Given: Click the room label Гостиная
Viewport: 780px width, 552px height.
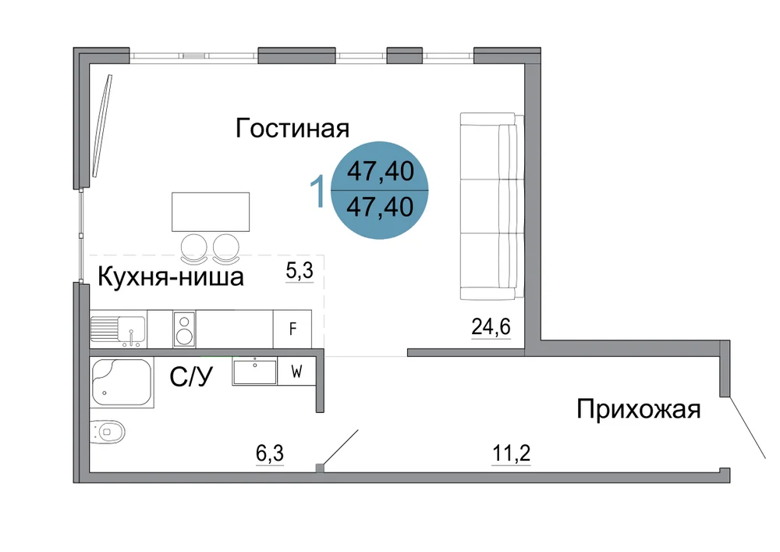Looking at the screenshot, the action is tap(292, 128).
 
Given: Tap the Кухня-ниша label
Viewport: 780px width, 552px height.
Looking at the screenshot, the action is tap(171, 276).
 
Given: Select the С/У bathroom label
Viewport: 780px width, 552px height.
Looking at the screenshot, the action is tap(191, 377).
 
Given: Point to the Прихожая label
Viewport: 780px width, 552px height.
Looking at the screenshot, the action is tap(639, 410).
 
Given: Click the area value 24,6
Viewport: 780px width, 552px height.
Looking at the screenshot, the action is tap(491, 327).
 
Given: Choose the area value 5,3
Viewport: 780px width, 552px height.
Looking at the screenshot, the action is tap(300, 270).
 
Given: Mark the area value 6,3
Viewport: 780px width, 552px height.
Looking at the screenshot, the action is tap(270, 454).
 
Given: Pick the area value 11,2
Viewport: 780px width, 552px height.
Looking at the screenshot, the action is tap(512, 454).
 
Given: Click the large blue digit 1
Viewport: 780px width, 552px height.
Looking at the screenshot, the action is tap(317, 191).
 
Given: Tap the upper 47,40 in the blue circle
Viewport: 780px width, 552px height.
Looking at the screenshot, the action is tap(381, 171).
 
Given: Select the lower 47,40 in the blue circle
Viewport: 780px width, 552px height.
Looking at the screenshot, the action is tap(380, 207).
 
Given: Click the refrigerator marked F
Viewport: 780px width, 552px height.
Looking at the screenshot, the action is tap(292, 329).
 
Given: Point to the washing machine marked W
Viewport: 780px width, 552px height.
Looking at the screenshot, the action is tap(297, 372).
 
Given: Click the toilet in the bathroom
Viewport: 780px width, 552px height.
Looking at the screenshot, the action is tap(108, 431).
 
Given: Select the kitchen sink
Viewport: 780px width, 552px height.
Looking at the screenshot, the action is tap(119, 329).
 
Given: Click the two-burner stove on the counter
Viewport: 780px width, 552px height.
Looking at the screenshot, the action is tap(184, 329).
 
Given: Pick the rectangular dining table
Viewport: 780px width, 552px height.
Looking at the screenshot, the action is tap(211, 212).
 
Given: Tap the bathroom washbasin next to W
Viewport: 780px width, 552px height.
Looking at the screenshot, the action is tap(255, 372).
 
